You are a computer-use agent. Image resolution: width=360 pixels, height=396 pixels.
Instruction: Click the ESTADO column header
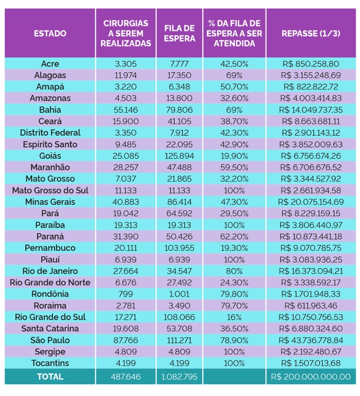coord(50,34)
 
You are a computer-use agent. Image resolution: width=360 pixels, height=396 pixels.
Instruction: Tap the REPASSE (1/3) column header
coord(310,34)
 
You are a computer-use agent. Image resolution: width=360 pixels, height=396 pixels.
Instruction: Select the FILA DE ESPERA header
coord(179,34)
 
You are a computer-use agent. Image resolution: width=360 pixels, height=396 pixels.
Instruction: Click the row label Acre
coord(50,64)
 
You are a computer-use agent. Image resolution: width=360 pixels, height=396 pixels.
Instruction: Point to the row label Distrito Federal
coord(50,133)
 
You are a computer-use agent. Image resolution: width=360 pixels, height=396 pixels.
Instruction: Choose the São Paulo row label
coord(50,340)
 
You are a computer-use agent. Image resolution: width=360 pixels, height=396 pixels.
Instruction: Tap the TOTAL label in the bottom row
coord(50,377)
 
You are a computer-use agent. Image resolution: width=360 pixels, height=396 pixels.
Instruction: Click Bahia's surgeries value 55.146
coord(126,110)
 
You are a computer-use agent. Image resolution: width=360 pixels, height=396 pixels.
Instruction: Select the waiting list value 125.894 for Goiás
coord(179,156)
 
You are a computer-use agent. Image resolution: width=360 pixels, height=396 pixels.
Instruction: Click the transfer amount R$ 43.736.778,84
coord(310,340)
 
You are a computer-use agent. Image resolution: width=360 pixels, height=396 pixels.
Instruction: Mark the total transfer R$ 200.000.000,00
coord(310,377)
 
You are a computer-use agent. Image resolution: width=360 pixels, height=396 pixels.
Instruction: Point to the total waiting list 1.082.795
coord(179,377)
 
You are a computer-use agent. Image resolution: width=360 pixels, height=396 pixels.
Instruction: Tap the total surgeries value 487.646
coord(126,377)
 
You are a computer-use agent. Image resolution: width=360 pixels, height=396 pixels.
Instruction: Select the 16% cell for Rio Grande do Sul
coord(234,317)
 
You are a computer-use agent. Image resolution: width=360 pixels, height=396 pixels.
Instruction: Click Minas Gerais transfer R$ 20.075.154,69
coord(310,202)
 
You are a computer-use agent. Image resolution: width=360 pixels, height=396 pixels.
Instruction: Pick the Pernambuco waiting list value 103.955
coord(179,248)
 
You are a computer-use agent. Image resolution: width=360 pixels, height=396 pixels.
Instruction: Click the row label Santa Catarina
coord(50,329)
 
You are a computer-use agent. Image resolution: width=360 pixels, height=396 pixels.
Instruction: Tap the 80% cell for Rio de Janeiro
coord(234,271)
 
